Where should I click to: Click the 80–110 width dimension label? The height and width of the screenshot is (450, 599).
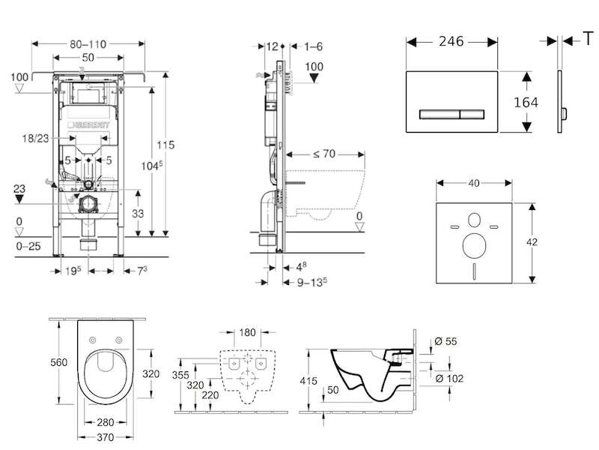pos(88,44)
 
